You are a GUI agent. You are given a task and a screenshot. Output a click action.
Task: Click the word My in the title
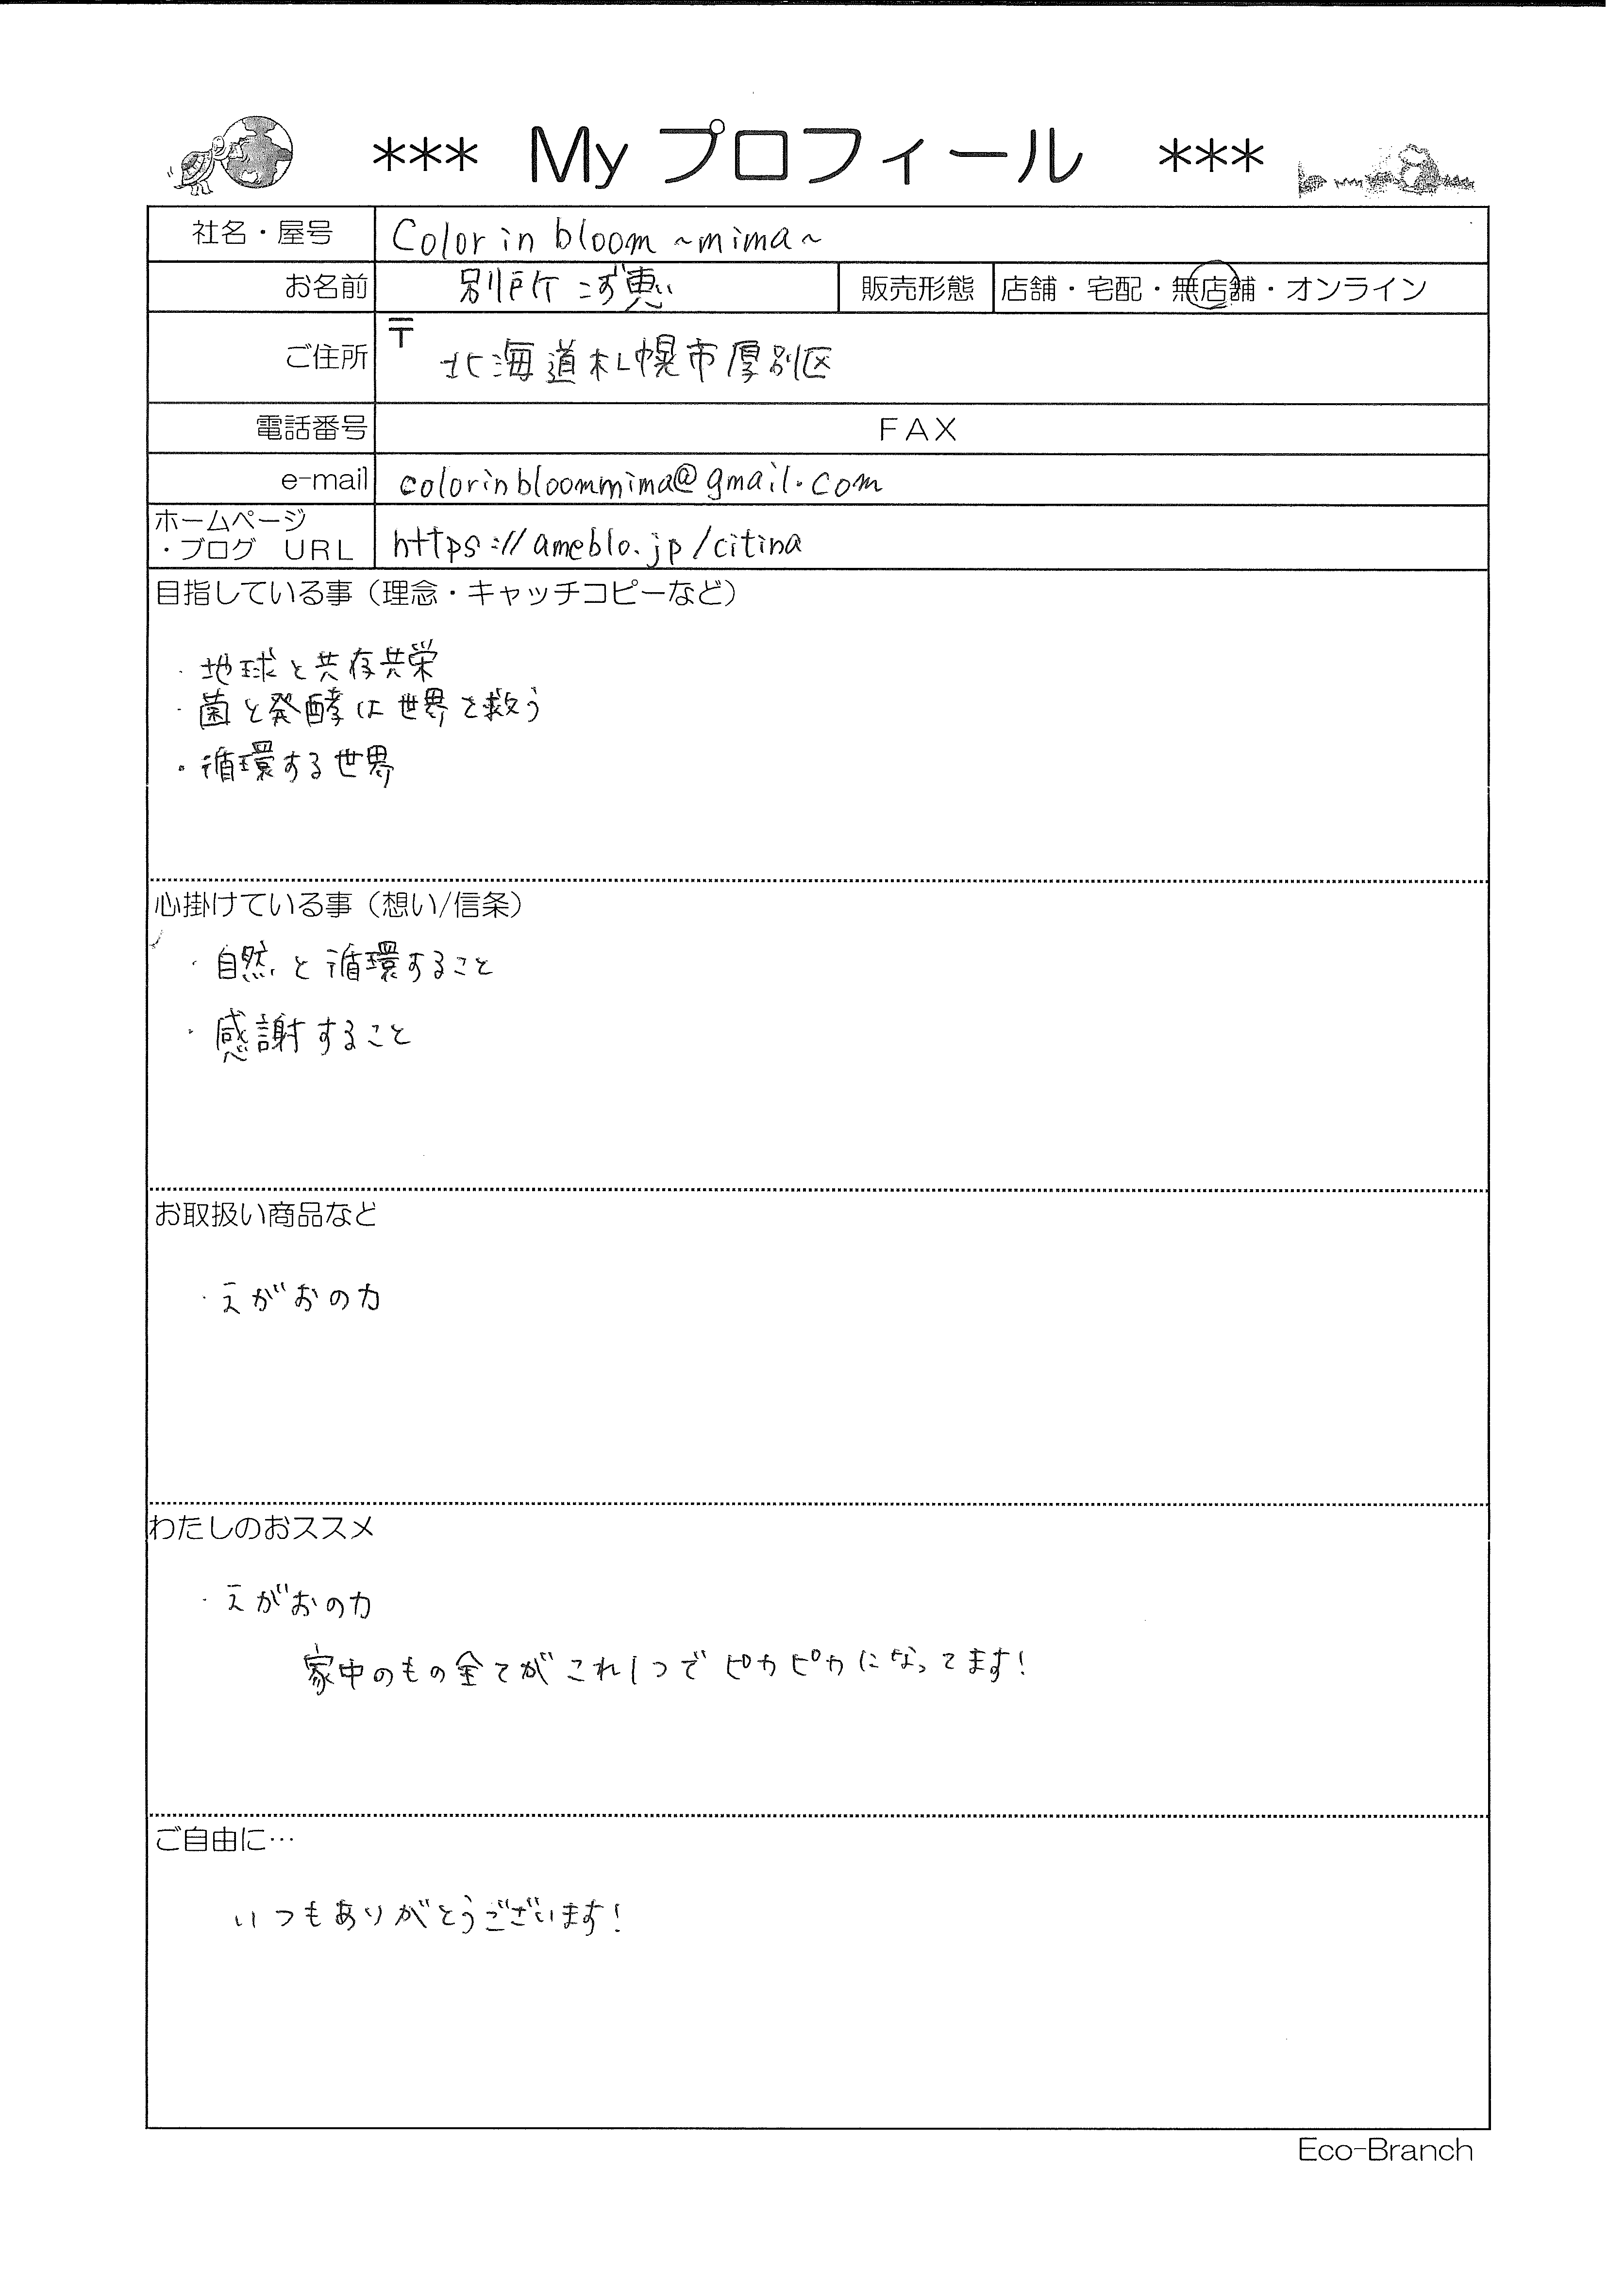coord(578,158)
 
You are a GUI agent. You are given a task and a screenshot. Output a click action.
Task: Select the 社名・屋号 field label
coord(261,234)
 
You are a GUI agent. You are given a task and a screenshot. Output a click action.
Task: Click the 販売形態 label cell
coord(916,288)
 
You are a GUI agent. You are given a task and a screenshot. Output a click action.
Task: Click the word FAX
coord(918,430)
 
